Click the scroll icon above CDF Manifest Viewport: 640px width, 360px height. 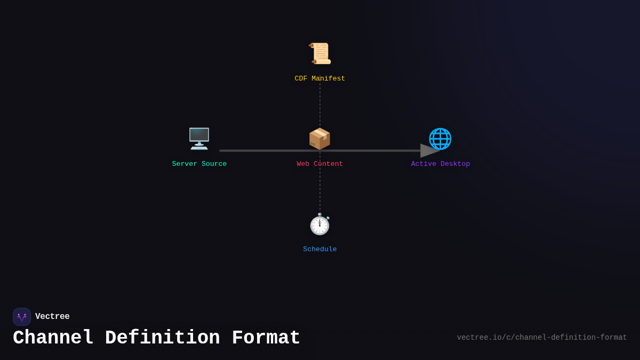pyautogui.click(x=320, y=53)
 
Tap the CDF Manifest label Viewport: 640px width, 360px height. pyautogui.click(x=320, y=79)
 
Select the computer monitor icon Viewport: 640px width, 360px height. pyautogui.click(x=199, y=139)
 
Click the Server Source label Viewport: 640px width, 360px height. pyautogui.click(x=199, y=164)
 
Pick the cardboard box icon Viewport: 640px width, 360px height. pyautogui.click(x=320, y=139)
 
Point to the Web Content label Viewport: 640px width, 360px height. pyautogui.click(x=320, y=164)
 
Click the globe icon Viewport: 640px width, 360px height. pyautogui.click(x=441, y=139)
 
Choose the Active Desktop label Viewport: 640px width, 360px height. pyautogui.click(x=441, y=164)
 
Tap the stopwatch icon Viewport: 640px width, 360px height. pyautogui.click(x=320, y=224)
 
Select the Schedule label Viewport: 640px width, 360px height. pyautogui.click(x=320, y=250)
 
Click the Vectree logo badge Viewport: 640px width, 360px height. pyautogui.click(x=22, y=317)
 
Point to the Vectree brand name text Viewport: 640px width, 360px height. pyautogui.click(x=52, y=317)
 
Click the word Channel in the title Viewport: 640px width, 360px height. pyautogui.click(x=53, y=338)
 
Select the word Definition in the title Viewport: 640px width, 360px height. pyautogui.click(x=163, y=338)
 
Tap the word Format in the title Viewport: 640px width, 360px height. pyautogui.click(x=266, y=338)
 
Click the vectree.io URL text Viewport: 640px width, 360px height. pyautogui.click(x=542, y=338)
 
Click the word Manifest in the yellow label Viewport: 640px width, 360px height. pyautogui.click(x=329, y=79)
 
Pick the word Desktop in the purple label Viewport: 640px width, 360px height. pyautogui.click(x=455, y=164)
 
